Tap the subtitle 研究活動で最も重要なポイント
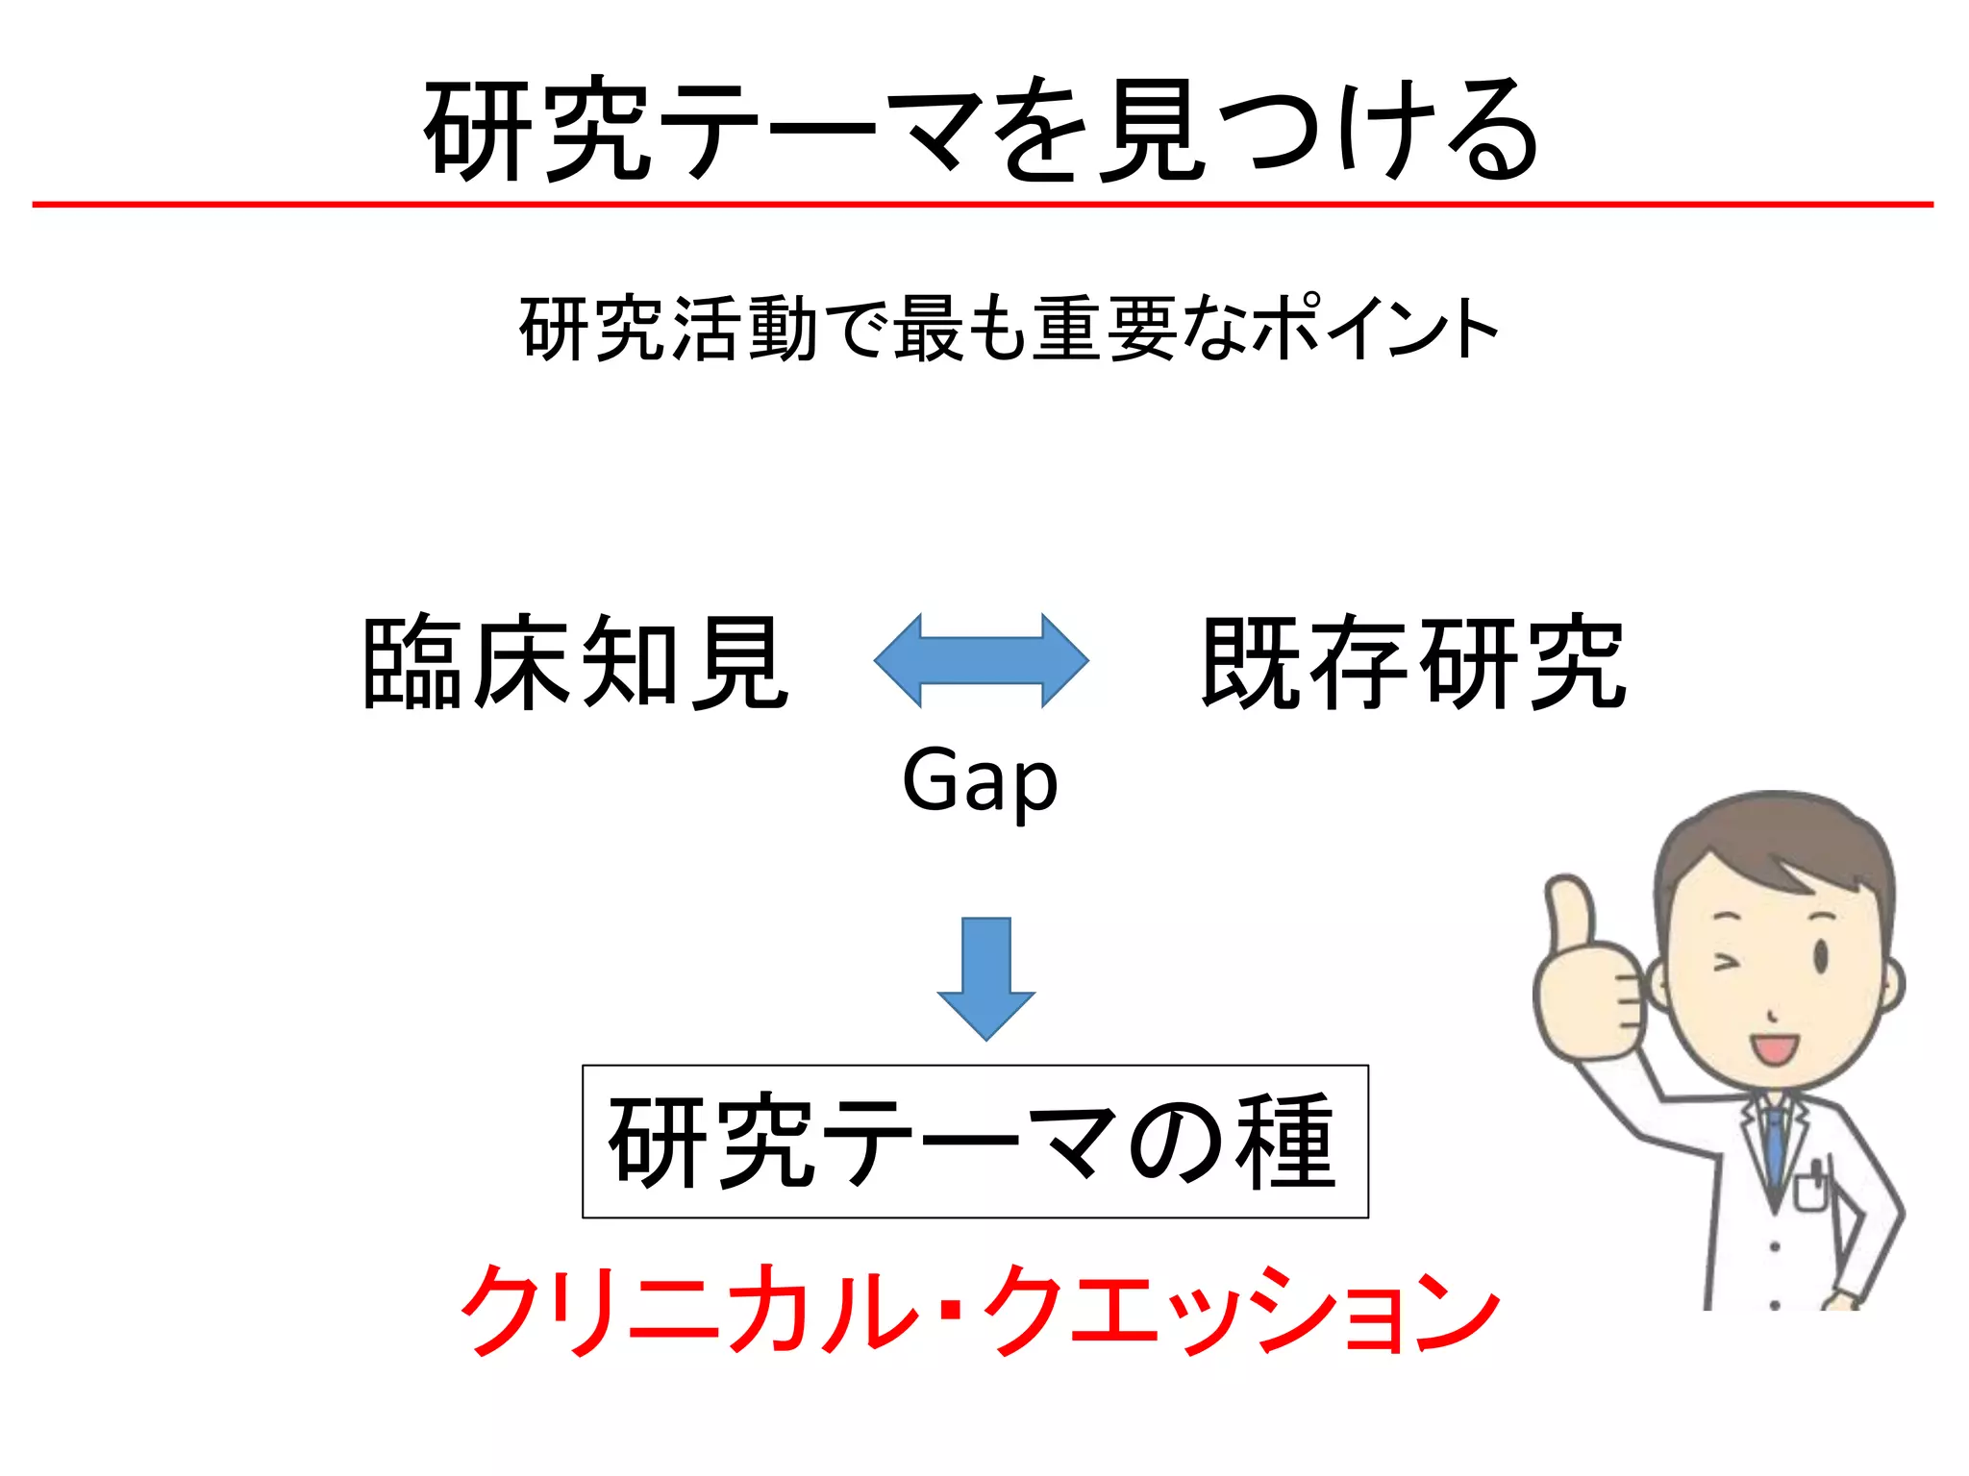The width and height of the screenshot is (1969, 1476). pos(1008,330)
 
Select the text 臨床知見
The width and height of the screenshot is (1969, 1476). pos(575,663)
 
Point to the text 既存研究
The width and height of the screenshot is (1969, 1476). pos(1413,663)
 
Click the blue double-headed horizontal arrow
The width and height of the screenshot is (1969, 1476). pos(981,661)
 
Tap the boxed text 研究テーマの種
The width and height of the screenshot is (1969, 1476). pos(974,1142)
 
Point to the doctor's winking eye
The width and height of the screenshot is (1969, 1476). pos(1727,961)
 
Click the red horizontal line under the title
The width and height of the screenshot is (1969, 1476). pos(983,205)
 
